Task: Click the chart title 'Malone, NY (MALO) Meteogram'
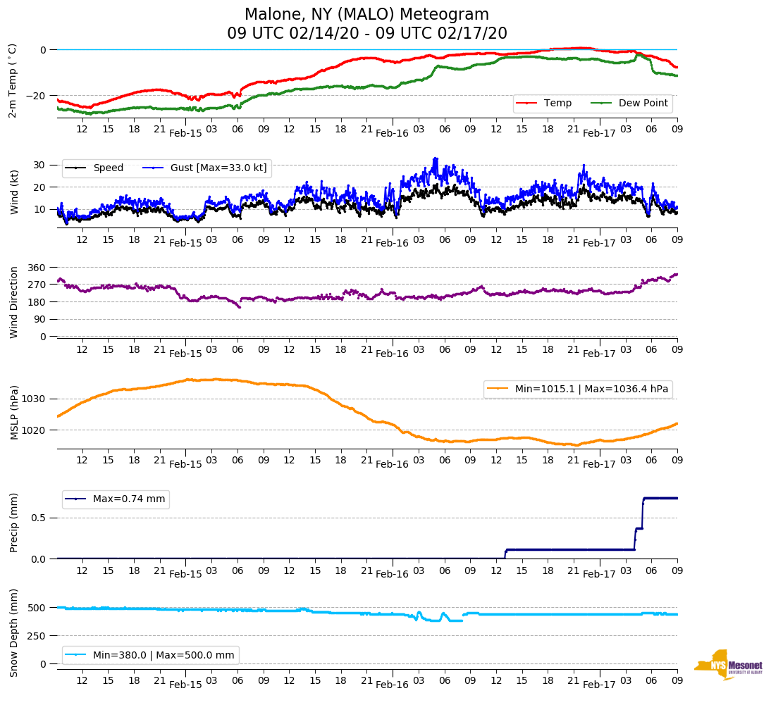[366, 15]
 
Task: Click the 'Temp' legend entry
[557, 103]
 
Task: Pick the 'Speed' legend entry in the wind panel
[108, 168]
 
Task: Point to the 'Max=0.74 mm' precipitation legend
[129, 499]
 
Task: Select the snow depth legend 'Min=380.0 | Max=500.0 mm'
[163, 655]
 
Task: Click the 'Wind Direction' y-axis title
[13, 302]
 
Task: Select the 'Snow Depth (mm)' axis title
[13, 632]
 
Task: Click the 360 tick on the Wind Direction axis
[37, 268]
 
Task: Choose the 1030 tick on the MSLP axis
[35, 399]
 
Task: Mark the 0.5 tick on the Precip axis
[39, 518]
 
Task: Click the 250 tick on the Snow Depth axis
[37, 636]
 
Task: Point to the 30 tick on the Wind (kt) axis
[39, 165]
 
